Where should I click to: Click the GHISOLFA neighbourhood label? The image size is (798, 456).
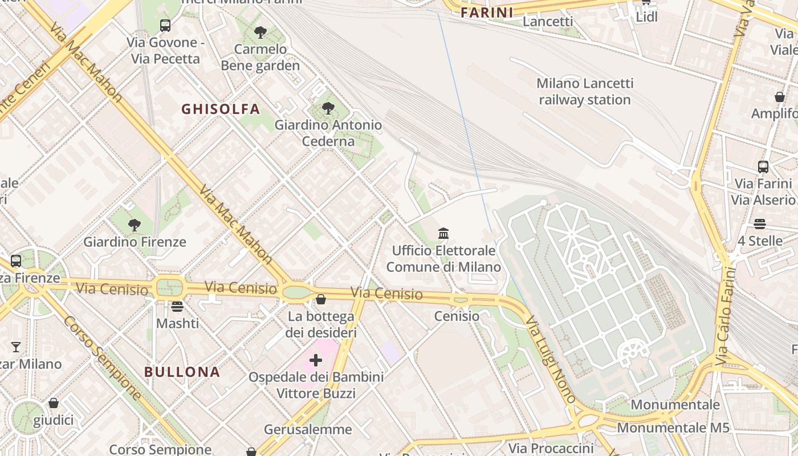221,109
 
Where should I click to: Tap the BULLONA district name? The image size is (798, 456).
182,372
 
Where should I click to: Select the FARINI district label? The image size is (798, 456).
487,13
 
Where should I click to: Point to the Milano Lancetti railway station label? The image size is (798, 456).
585,91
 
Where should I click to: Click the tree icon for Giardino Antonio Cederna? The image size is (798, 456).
328,108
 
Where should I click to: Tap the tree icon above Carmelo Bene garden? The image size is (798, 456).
260,32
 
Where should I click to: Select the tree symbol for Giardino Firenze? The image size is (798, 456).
135,225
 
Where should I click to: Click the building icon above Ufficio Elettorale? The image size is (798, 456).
443,233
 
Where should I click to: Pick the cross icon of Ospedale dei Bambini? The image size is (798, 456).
316,360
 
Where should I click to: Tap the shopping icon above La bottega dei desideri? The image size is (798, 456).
321,299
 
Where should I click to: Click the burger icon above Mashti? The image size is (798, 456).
177,307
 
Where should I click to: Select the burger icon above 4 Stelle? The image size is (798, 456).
759,224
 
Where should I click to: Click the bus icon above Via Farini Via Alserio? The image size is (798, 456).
763,167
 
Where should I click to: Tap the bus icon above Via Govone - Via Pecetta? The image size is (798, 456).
165,26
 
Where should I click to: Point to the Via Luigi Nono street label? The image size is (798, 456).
551,360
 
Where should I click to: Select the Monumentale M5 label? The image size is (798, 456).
673,427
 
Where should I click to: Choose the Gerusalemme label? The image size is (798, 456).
308,429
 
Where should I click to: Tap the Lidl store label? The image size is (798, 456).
646,17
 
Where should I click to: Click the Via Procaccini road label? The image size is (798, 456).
551,448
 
